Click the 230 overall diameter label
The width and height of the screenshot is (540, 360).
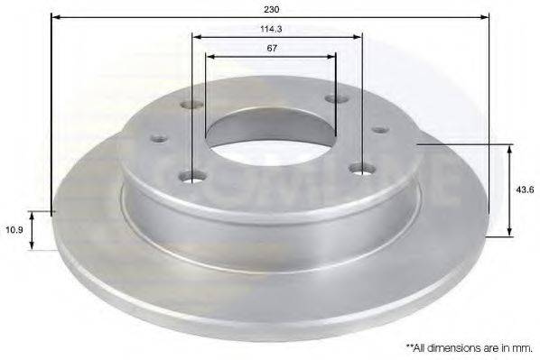272,9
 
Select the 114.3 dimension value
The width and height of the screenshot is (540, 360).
271,29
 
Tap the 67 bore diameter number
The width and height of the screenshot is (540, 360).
272,48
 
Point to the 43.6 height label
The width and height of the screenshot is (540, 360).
525,189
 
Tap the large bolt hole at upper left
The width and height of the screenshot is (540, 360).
191,104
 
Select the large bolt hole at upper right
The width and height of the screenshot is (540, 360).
336,98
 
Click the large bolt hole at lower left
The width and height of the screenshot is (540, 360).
193,177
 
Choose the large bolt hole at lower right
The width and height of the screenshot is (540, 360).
362,169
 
